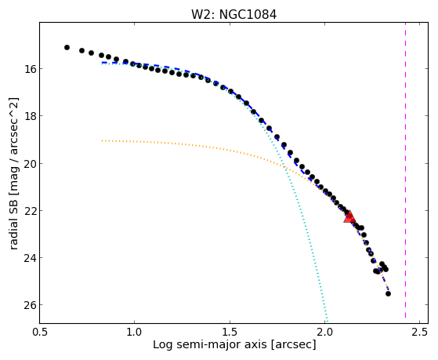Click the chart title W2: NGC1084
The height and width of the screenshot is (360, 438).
[233, 15]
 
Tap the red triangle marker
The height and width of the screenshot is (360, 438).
[349, 217]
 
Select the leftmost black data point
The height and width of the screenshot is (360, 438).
[67, 48]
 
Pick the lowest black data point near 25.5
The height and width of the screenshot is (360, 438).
[388, 293]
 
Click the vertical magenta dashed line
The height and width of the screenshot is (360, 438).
[405, 173]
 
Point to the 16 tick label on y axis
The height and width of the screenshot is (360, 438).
[29, 69]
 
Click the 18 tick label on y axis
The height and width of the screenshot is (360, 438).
[29, 116]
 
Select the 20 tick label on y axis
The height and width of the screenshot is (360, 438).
[29, 163]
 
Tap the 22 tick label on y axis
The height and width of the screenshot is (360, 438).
[29, 210]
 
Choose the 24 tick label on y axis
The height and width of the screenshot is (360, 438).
[29, 257]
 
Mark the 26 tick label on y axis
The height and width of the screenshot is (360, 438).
[29, 305]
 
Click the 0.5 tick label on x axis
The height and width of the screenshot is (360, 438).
[40, 333]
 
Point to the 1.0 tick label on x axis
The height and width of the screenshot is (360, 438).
[134, 333]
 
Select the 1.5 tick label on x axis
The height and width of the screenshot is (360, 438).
[230, 333]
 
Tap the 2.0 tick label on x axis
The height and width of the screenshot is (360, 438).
[324, 333]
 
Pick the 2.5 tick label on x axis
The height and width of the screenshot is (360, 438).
[420, 333]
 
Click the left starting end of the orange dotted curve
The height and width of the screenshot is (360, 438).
[102, 140]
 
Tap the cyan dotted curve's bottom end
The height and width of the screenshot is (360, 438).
[327, 322]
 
